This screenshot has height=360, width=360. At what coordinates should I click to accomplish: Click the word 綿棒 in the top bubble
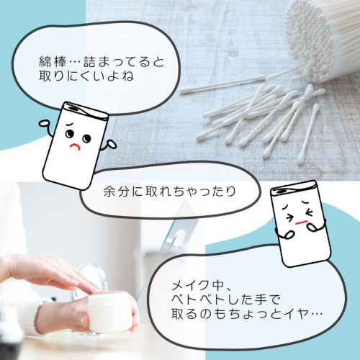(53, 63)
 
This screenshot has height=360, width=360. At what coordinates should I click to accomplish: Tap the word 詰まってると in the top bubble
(124, 63)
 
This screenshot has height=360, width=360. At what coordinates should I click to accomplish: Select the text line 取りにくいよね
(86, 76)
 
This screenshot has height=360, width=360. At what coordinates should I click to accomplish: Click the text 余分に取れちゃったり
(170, 192)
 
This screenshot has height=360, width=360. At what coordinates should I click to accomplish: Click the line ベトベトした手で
(226, 300)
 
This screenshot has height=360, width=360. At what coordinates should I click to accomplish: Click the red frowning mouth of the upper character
(75, 146)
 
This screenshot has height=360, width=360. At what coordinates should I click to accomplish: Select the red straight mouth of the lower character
(302, 222)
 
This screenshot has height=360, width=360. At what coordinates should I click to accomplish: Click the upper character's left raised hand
(45, 124)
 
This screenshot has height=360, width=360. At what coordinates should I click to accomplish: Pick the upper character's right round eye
(86, 138)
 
